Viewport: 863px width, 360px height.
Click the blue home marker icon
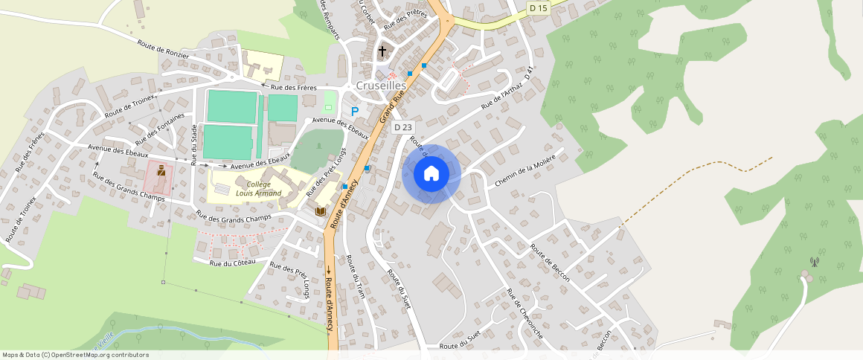point(431,173)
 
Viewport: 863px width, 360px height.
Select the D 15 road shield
point(538,7)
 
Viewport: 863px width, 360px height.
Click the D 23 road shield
point(402,127)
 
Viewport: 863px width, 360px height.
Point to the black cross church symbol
point(382,51)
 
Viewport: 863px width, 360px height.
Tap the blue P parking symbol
point(355,111)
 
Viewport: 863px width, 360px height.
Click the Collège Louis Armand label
point(259,189)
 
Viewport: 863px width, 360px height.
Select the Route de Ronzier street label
point(163,48)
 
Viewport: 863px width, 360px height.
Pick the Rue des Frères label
point(293,88)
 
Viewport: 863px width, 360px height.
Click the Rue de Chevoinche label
point(524,315)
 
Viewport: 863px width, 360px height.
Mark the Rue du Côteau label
point(232,263)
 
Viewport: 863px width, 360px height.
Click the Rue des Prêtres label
point(405,19)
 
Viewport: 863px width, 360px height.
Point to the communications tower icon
point(814,262)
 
